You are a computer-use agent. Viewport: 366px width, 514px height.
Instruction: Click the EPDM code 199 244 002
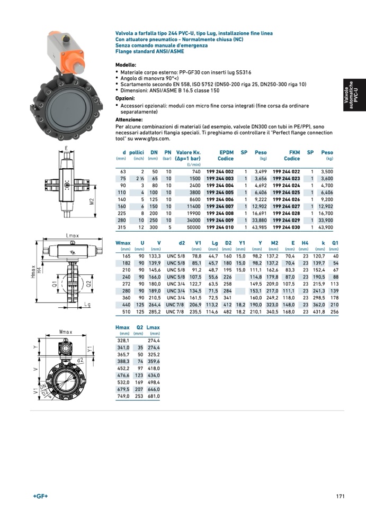tap(220, 171)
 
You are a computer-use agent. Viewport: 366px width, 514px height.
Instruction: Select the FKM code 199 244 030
tap(286, 227)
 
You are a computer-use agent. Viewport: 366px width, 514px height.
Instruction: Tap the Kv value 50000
tap(194, 227)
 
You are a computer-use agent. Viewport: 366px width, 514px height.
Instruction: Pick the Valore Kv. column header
tap(188, 155)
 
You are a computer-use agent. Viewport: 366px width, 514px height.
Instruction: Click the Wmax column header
tap(123, 243)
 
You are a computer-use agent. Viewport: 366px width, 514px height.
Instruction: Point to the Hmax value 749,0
tap(123, 396)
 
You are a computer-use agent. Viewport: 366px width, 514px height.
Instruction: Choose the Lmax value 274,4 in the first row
tap(154, 341)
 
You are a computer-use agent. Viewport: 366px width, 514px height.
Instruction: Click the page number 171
tap(341, 497)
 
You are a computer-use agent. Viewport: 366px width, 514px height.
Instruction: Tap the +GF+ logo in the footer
tap(40, 497)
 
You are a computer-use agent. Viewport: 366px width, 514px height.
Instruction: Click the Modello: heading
tap(126, 65)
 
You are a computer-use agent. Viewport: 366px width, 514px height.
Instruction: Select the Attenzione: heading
tap(129, 120)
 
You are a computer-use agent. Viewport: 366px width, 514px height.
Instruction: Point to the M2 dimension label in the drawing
tap(92, 201)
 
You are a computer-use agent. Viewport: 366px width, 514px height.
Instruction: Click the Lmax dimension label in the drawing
tap(72, 236)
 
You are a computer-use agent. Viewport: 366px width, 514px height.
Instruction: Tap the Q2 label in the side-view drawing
tap(88, 284)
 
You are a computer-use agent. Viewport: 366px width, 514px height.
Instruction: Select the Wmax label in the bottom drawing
tap(66, 332)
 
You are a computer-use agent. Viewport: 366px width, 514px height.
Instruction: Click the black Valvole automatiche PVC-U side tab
tap(354, 95)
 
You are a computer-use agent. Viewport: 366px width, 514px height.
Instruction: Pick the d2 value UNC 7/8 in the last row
tap(175, 312)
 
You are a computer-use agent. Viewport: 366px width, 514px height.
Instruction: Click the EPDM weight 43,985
tap(260, 227)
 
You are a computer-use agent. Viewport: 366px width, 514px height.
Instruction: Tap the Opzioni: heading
tap(125, 98)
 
